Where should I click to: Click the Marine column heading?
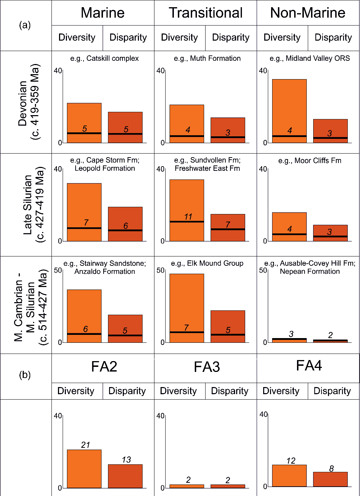(x=103, y=13)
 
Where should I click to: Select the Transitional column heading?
(x=206, y=13)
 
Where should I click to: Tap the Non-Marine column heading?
(x=308, y=13)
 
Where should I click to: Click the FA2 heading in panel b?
(x=104, y=367)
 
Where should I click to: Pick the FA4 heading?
(x=309, y=366)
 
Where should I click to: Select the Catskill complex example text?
(x=104, y=58)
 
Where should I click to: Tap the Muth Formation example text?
(x=207, y=58)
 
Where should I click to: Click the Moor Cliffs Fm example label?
(x=310, y=161)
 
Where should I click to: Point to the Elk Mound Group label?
(x=207, y=263)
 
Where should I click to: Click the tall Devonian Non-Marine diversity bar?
(x=289, y=108)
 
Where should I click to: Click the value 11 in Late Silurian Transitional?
(x=188, y=217)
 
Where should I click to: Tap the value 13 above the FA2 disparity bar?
(x=126, y=460)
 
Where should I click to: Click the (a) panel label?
(x=25, y=25)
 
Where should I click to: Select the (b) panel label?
(x=25, y=375)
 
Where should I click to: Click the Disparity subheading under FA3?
(x=230, y=391)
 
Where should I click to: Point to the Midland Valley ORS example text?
(x=310, y=58)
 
